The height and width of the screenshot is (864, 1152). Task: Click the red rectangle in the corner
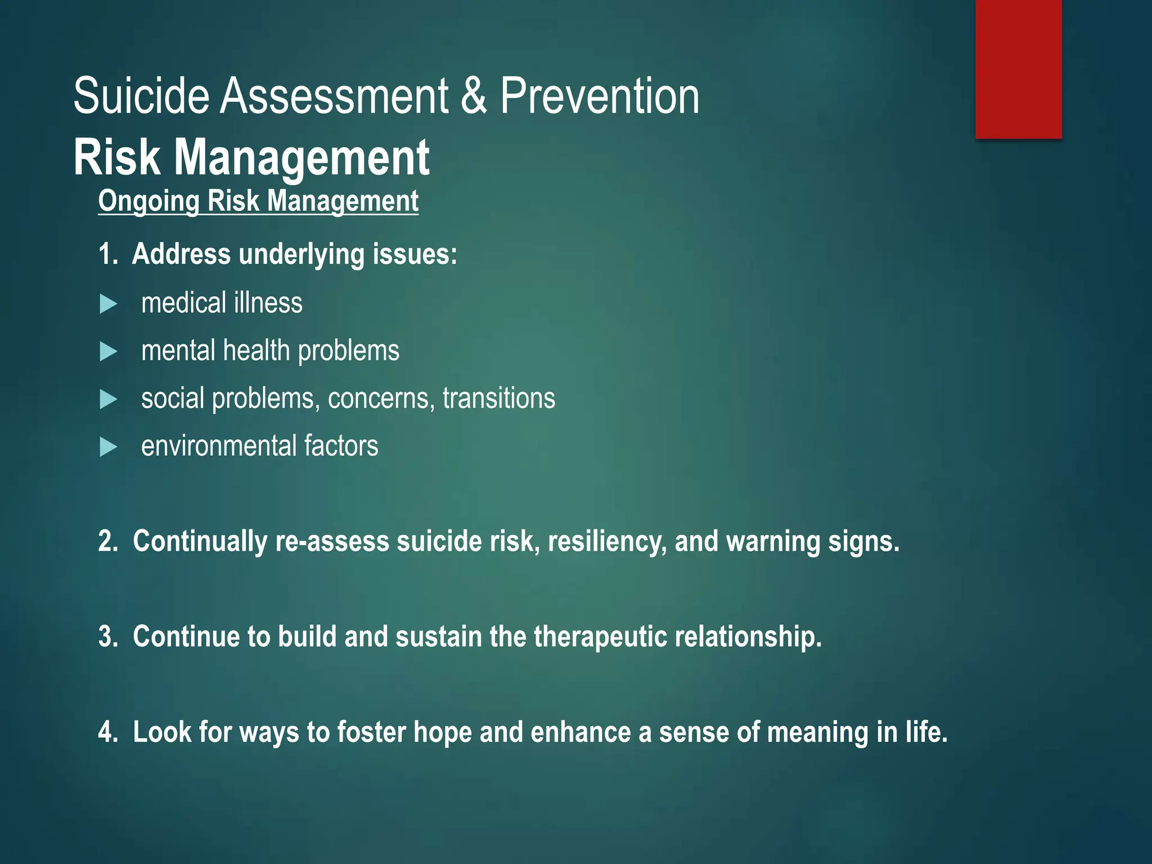(1018, 69)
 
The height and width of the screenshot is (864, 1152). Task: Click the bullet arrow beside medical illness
(108, 304)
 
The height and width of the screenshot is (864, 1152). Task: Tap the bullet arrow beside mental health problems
(108, 352)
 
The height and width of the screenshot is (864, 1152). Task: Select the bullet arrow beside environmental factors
(108, 448)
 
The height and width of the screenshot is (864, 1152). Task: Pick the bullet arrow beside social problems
(108, 400)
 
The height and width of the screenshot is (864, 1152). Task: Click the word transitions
(498, 398)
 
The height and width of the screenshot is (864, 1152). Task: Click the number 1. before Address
(107, 254)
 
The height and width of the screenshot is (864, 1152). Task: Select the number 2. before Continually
(107, 541)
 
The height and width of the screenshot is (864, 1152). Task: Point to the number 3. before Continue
(107, 637)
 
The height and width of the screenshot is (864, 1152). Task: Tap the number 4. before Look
(107, 732)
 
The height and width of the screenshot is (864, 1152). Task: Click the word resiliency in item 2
(607, 541)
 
